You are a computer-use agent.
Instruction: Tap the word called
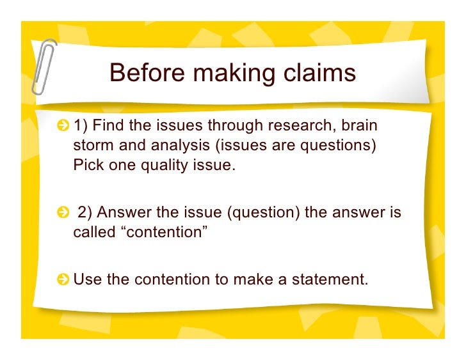click(93, 232)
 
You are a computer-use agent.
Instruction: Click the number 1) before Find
click(82, 125)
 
